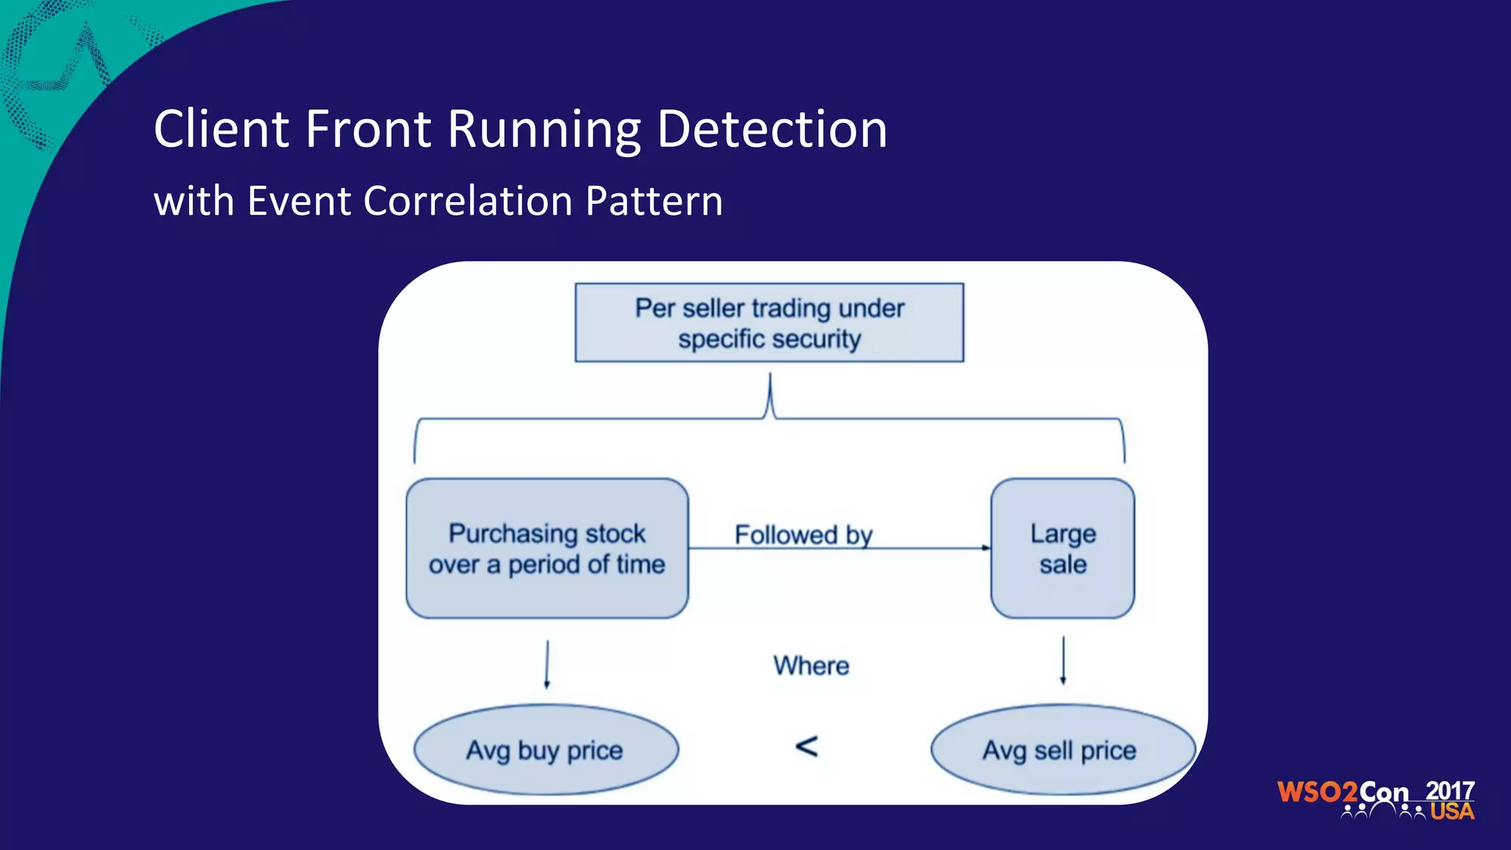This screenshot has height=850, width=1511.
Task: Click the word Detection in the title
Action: point(771,130)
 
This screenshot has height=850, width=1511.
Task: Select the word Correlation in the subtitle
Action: point(468,201)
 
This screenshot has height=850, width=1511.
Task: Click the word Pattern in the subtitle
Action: point(654,201)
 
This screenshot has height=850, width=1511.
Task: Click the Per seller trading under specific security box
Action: point(769,322)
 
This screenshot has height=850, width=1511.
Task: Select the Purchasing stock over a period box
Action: point(547,548)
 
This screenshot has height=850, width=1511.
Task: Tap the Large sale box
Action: point(1062,548)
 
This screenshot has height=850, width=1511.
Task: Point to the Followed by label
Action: point(803,534)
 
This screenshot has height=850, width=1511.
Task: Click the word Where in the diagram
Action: point(811,666)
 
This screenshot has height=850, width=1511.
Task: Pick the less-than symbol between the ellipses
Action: point(806,747)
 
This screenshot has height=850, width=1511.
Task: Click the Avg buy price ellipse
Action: point(545,750)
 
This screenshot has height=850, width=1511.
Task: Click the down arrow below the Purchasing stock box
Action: point(547,664)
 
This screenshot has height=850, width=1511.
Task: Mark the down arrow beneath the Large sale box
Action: point(1062,661)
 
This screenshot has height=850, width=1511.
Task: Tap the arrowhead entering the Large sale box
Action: point(986,548)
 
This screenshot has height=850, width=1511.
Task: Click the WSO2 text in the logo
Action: point(1317,792)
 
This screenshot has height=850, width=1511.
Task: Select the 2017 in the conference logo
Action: point(1450,791)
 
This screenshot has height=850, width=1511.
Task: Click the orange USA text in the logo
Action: point(1452,812)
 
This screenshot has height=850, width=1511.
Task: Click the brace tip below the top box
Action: point(770,378)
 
